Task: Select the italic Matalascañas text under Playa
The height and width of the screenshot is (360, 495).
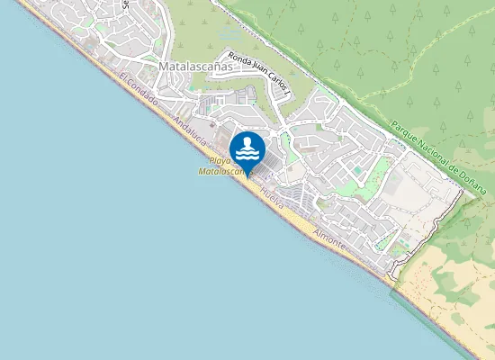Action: (x=220, y=170)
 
